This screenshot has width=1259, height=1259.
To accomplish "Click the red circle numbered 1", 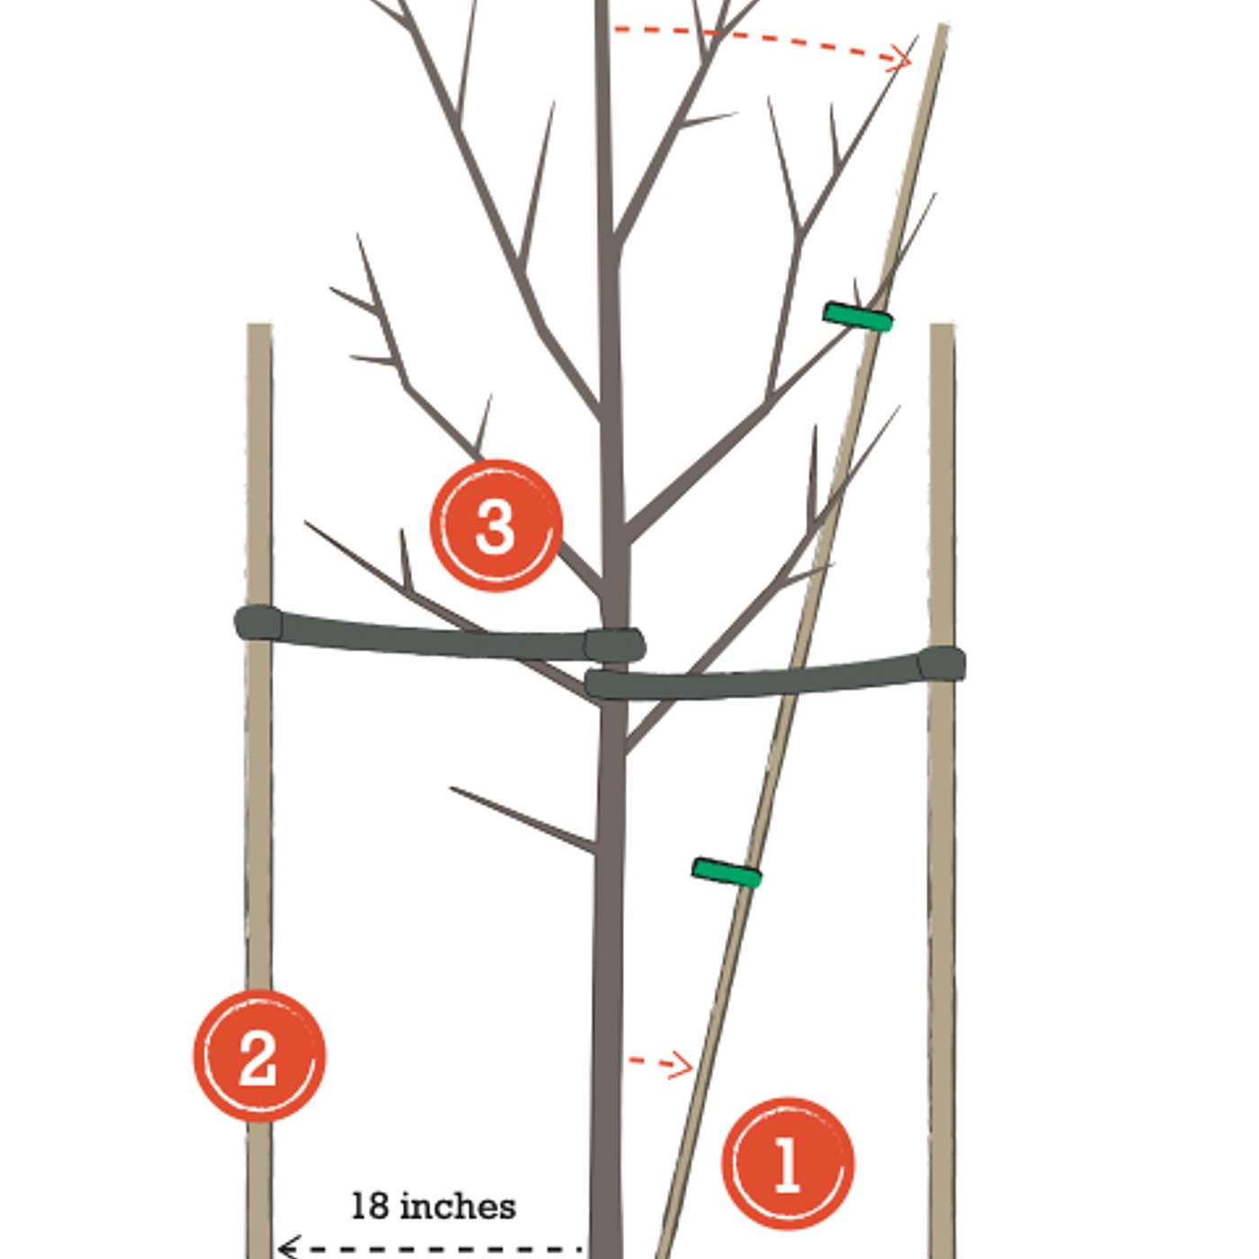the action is pos(788,1164).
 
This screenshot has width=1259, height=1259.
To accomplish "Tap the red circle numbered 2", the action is pos(259,1056).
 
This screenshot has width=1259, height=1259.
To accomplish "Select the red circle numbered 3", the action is pos(496,525).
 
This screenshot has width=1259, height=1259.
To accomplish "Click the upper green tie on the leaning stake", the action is pos(858,317).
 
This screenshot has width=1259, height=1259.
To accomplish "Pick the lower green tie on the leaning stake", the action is pos(727,873).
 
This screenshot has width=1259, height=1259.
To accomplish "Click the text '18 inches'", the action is pos(433,1208).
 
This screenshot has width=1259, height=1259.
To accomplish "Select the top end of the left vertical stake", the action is pos(259,325).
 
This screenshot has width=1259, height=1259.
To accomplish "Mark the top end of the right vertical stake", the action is pos(942,325).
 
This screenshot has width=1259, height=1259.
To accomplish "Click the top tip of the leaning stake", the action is pos(942,25).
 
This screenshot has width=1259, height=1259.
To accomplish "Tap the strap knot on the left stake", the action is pos(259,622).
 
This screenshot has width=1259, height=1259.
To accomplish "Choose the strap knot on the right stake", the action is pos(942,664).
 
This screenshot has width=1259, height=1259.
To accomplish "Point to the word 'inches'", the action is pos(458,1208).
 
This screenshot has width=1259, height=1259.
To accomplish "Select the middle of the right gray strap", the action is pos(775,677).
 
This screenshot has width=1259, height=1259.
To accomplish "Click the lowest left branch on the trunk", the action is pos(522,820).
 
